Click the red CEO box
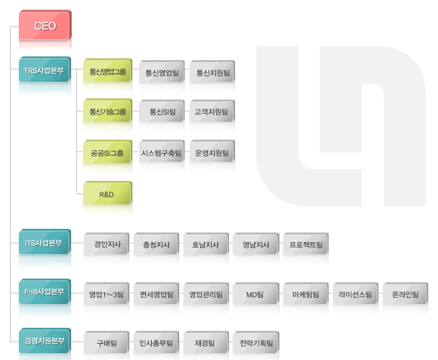(45, 25)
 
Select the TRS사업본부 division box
(45, 70)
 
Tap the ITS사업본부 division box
(45, 242)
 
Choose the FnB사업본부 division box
(45, 291)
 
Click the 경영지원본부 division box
(45, 341)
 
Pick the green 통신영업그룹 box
(108, 70)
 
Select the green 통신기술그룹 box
(108, 110)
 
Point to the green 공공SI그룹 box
(108, 152)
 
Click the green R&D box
(108, 193)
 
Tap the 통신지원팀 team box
(212, 72)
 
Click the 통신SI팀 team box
(162, 111)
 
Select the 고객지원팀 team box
(212, 111)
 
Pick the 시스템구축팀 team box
(162, 152)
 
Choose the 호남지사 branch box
(206, 244)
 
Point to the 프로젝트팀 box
(306, 244)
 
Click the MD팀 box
(256, 294)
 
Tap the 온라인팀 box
(406, 294)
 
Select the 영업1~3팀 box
(106, 294)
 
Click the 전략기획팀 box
(256, 342)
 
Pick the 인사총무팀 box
(157, 342)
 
